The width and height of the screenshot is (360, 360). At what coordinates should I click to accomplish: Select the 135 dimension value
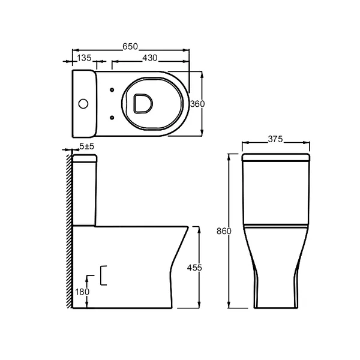(85, 58)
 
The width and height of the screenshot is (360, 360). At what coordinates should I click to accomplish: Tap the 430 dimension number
(150, 58)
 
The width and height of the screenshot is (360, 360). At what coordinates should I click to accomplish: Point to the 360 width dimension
(197, 103)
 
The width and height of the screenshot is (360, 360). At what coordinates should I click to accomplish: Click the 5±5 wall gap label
(86, 146)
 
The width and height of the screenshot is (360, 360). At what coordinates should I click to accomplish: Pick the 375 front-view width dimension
(275, 139)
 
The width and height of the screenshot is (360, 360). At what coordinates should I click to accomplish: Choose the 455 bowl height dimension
(194, 267)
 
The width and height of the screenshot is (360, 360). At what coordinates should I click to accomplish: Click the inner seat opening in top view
(142, 103)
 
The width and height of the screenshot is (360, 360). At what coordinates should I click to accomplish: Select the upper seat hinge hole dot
(112, 91)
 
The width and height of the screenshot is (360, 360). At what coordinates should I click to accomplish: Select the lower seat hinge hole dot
(112, 116)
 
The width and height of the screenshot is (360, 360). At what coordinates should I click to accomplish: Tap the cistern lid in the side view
(85, 158)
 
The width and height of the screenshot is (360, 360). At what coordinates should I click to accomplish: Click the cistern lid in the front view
(275, 158)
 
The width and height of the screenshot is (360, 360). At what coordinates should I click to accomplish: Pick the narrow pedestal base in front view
(275, 294)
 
